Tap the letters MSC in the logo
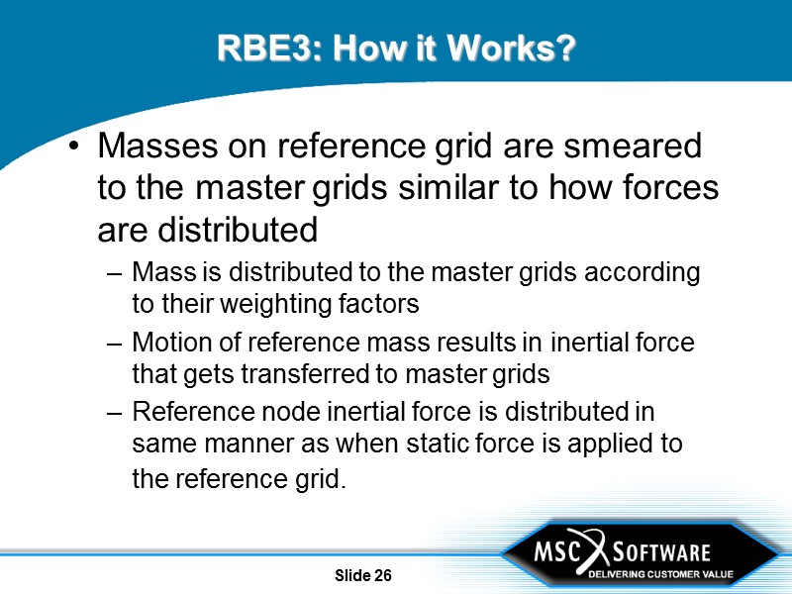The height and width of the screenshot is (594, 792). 556,550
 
